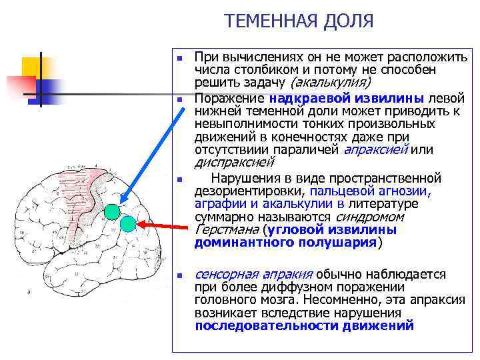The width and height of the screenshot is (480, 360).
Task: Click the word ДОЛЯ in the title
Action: click(349, 21)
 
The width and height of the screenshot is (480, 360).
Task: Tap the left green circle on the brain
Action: click(112, 213)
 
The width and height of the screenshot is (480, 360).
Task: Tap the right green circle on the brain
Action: click(128, 224)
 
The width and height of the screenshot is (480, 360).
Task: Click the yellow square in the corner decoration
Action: click(31, 67)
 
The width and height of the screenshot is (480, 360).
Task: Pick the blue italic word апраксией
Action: click(375, 149)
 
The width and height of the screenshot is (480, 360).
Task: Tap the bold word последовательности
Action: click(267, 325)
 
